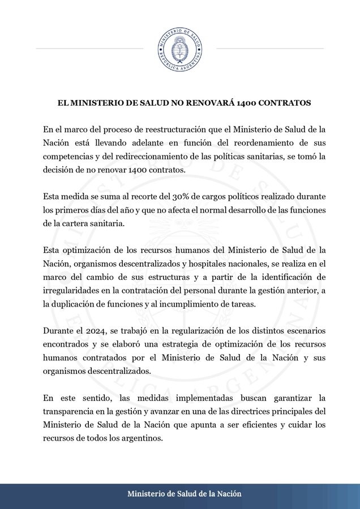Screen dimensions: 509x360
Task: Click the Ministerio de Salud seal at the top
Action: pyautogui.click(x=179, y=48)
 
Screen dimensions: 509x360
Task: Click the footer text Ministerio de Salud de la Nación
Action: pyautogui.click(x=185, y=494)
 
